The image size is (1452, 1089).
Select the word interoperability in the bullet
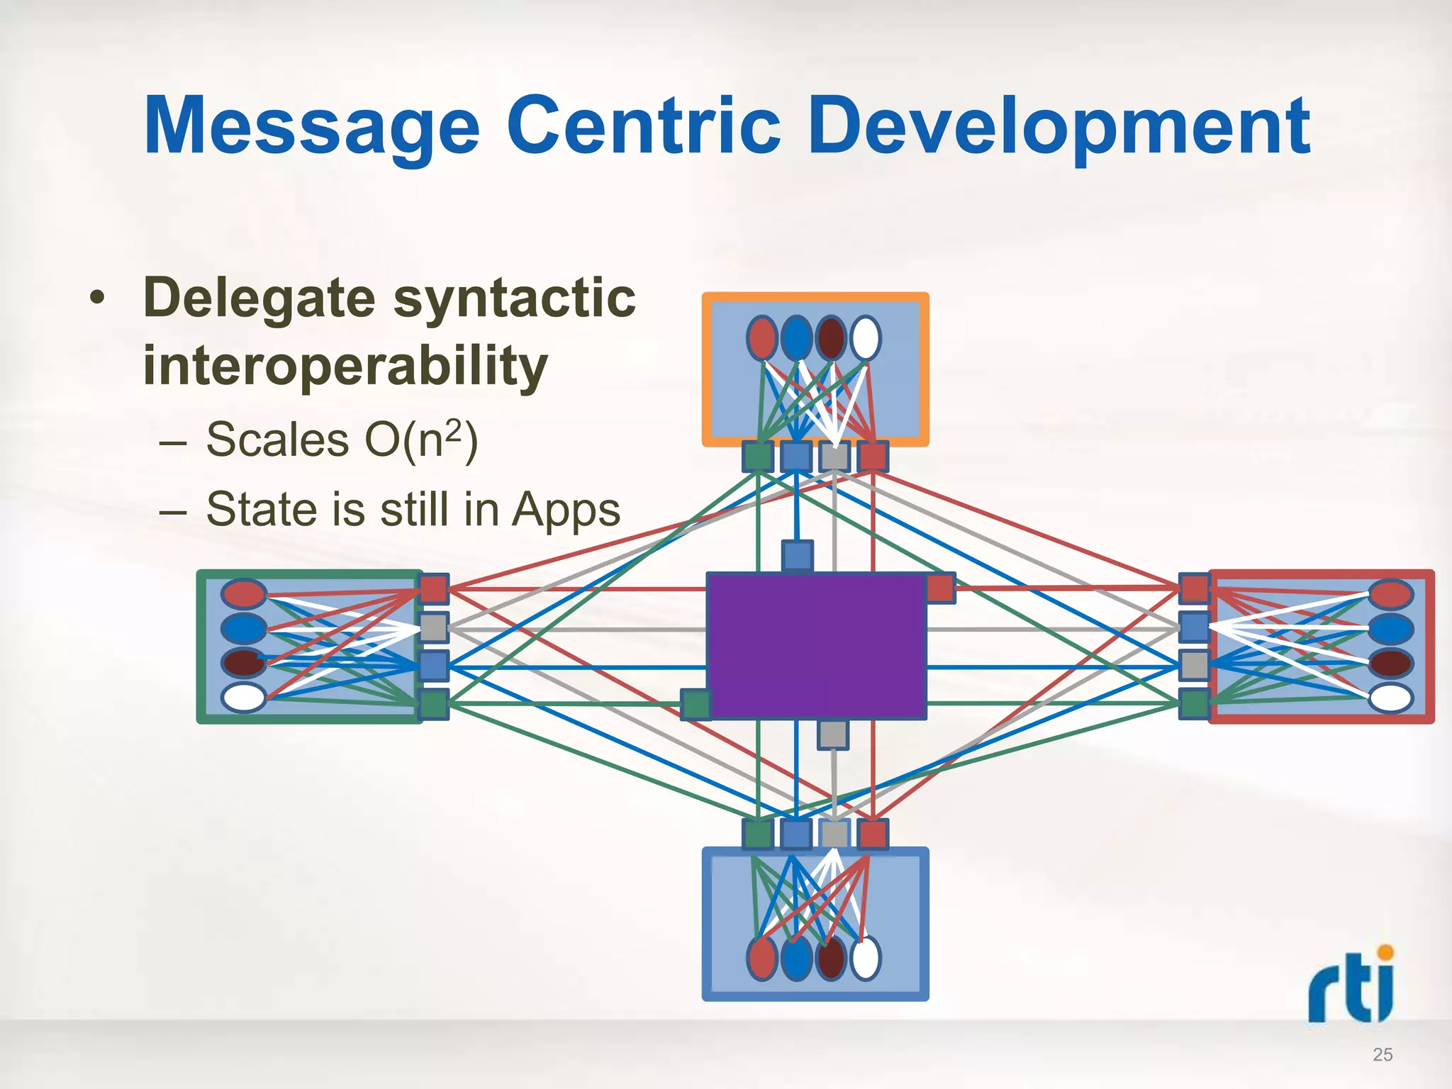(x=345, y=367)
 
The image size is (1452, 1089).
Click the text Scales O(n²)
(x=342, y=440)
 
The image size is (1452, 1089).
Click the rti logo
(x=1351, y=985)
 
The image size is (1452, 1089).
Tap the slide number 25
(x=1382, y=1054)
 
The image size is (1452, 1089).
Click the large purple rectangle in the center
(x=816, y=645)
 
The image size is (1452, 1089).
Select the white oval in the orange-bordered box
(x=866, y=337)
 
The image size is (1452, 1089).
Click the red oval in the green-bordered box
(x=244, y=594)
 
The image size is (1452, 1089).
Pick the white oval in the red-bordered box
(x=1390, y=698)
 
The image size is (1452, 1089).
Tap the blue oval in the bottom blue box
(x=796, y=958)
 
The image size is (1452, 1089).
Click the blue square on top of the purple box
(x=797, y=555)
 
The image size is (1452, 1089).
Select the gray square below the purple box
(x=833, y=735)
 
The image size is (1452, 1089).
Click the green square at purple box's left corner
(x=696, y=704)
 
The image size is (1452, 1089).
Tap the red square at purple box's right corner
(x=940, y=588)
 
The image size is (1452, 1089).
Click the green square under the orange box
(x=758, y=457)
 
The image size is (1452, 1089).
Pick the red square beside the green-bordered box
(x=434, y=588)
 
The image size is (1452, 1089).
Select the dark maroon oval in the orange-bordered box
(x=831, y=337)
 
